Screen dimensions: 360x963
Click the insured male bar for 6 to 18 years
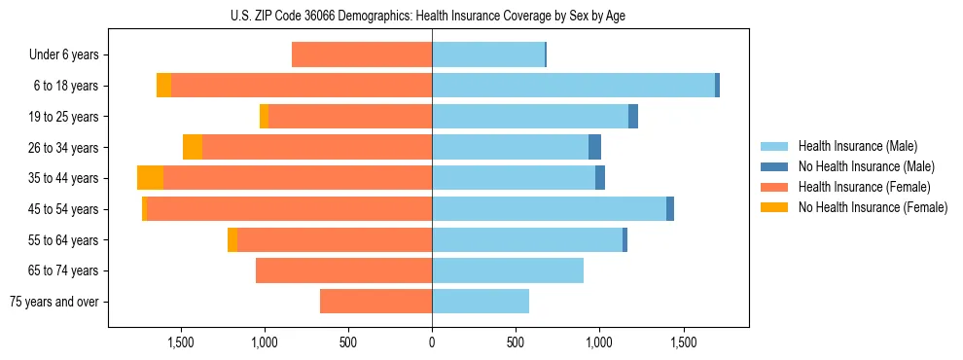(573, 86)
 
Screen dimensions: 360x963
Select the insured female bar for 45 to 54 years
(289, 209)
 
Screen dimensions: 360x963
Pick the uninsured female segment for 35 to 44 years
(150, 178)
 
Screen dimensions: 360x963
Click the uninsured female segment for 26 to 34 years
(193, 147)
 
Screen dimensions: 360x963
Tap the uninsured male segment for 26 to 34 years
(594, 147)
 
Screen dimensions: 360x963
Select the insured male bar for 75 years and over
(481, 302)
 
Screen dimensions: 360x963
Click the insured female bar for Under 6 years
(362, 55)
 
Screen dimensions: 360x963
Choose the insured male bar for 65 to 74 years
(508, 270)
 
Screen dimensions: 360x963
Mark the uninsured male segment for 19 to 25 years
(633, 117)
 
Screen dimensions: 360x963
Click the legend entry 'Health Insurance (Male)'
(857, 146)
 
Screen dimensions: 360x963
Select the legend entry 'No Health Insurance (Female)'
(873, 207)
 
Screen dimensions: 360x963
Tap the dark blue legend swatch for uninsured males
(774, 166)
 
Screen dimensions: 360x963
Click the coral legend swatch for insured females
(774, 187)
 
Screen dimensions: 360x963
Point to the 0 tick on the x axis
(432, 342)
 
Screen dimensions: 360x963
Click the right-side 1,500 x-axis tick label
(683, 342)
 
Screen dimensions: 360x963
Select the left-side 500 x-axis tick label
(348, 342)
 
